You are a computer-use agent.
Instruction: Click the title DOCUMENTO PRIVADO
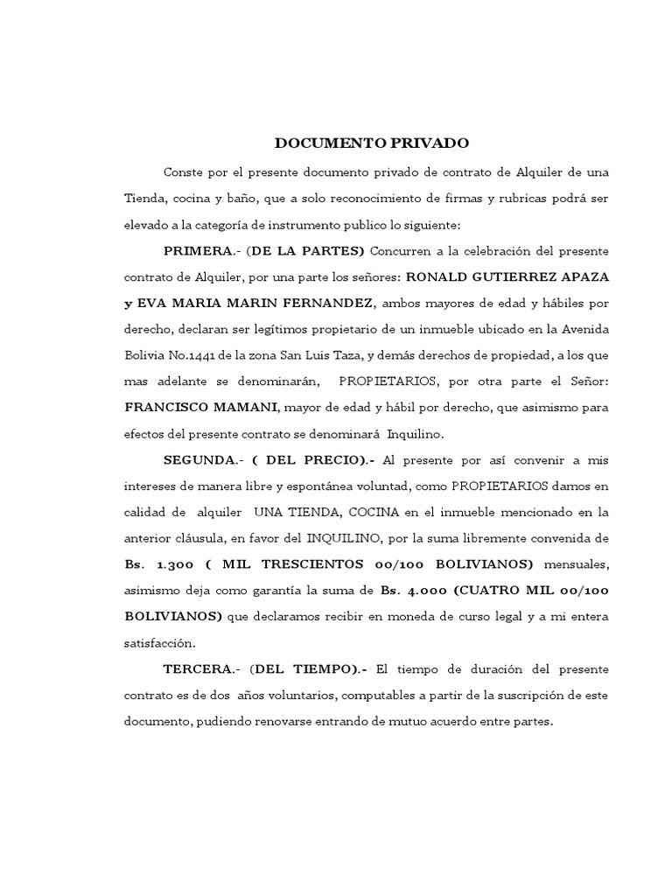click(372, 143)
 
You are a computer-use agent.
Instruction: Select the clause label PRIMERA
click(197, 251)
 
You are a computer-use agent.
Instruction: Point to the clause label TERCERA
click(200, 669)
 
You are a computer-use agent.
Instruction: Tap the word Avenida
click(585, 330)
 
